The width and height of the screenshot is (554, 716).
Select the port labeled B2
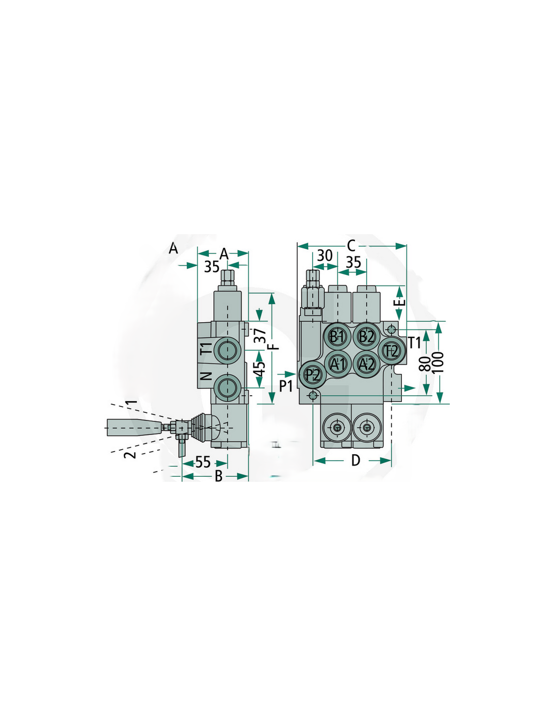coord(366,336)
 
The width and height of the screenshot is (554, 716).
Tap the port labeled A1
coord(337,364)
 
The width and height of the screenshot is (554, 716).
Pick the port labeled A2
coord(366,364)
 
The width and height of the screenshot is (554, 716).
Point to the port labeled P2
coord(312,375)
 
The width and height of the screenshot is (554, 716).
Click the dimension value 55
coord(202,462)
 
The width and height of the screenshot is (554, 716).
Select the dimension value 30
coord(324,256)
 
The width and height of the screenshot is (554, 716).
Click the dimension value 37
coord(261,336)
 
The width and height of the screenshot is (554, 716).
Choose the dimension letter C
coord(352,246)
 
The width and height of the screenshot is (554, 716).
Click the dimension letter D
coord(355,461)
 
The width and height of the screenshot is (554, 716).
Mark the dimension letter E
coord(399,302)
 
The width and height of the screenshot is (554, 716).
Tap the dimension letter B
coord(219,476)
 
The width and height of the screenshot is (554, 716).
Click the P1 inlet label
coord(286,386)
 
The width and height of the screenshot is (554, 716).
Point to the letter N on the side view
coord(206,376)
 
